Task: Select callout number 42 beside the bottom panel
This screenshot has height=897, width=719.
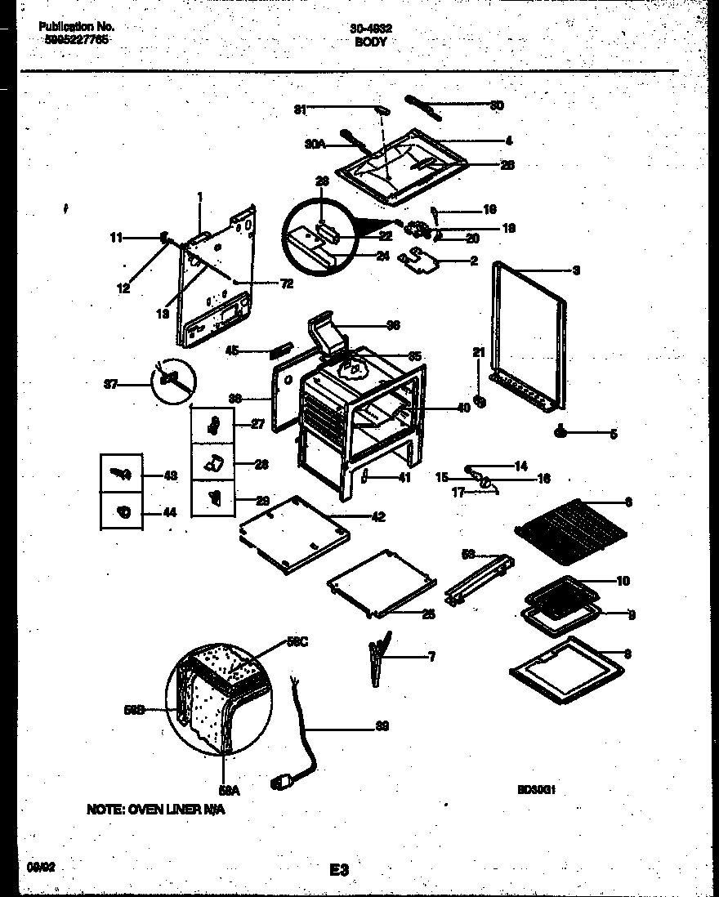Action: click(x=377, y=516)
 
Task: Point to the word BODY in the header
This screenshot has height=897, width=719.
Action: click(x=371, y=41)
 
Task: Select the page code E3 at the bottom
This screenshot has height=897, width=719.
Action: click(x=340, y=871)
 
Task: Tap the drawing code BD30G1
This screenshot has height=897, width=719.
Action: click(x=535, y=790)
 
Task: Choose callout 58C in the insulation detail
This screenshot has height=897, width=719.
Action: click(x=298, y=643)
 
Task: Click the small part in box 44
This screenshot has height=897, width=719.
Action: click(x=123, y=512)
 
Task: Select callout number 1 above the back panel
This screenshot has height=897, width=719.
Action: click(x=199, y=196)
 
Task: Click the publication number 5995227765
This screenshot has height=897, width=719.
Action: click(x=74, y=40)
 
